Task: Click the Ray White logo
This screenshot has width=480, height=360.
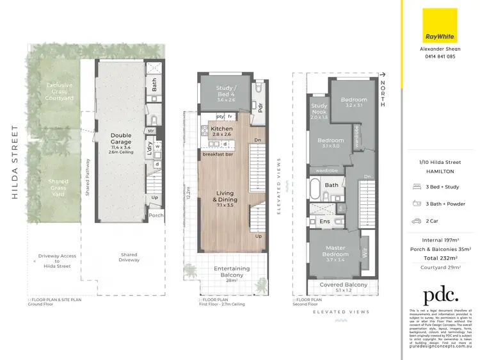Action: tap(440, 25)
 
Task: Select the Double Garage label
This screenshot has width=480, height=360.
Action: tap(120, 139)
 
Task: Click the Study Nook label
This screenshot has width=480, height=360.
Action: tap(319, 111)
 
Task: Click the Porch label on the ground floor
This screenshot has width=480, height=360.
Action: tap(156, 215)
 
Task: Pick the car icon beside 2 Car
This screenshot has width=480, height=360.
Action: tap(418, 220)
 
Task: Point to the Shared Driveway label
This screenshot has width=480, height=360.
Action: tap(129, 258)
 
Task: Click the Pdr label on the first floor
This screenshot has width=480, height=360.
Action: tap(261, 107)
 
